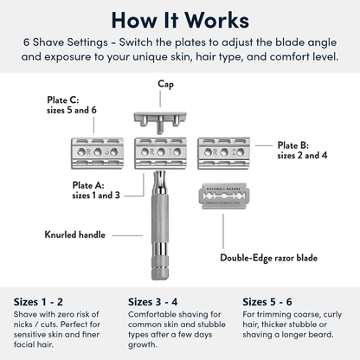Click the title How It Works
(179, 20)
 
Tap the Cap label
(165, 84)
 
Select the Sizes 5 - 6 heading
(269, 302)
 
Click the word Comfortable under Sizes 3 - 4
(157, 316)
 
